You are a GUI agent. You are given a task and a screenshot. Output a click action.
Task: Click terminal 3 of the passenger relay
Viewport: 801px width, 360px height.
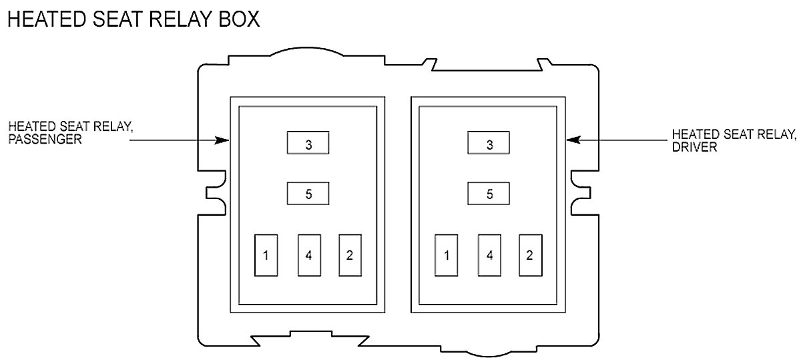(x=308, y=144)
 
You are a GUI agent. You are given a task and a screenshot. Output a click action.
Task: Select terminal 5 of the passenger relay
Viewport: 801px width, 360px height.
(x=308, y=194)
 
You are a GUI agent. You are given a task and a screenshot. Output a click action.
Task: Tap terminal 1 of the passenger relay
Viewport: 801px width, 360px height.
(x=266, y=254)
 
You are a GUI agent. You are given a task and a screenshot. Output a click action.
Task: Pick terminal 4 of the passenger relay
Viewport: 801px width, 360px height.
(x=308, y=254)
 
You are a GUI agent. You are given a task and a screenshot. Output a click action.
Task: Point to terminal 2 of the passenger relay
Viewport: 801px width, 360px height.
(x=350, y=254)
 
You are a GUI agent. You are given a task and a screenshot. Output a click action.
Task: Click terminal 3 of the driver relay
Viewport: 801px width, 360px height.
(x=489, y=144)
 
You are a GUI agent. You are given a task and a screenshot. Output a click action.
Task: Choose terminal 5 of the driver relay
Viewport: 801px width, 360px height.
(x=489, y=194)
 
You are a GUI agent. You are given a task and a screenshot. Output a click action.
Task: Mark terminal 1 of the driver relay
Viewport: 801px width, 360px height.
(x=446, y=254)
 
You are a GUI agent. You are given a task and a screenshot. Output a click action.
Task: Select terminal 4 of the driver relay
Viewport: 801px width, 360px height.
(x=489, y=254)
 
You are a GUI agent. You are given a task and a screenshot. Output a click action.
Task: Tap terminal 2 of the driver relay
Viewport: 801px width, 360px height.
(x=530, y=254)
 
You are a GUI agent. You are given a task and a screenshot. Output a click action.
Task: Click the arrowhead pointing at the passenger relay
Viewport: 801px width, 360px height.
(x=223, y=140)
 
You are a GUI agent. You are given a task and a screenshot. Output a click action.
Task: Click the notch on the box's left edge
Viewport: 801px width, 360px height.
(x=215, y=192)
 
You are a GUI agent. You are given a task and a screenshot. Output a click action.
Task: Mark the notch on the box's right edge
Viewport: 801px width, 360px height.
(x=582, y=192)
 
